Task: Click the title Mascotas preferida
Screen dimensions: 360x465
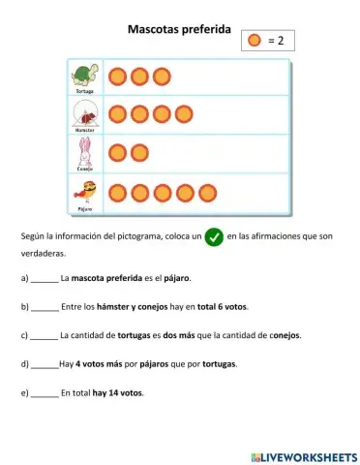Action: click(x=179, y=30)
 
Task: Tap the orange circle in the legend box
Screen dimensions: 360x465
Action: click(x=254, y=41)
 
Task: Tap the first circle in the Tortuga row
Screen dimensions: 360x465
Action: click(x=117, y=76)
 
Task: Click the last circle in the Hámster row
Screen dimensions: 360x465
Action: click(x=184, y=114)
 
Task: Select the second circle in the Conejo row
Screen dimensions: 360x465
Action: click(x=139, y=153)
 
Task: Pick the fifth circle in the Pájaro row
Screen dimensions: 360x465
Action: click(x=206, y=192)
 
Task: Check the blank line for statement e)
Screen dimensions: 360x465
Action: click(x=45, y=394)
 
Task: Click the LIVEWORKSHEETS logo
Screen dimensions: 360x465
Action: click(x=303, y=454)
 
